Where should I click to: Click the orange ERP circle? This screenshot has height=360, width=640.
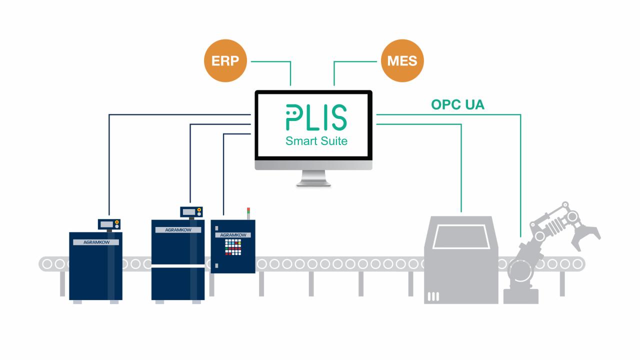[225, 61]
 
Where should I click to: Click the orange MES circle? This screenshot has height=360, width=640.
[402, 61]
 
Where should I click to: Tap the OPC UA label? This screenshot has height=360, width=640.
[457, 105]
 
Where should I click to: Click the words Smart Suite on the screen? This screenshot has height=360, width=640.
[316, 141]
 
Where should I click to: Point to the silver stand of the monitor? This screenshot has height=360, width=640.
[313, 178]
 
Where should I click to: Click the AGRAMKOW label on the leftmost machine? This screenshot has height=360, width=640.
[95, 242]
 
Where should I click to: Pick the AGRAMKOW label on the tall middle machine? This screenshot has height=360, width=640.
[178, 230]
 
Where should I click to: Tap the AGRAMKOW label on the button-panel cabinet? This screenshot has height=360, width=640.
[232, 234]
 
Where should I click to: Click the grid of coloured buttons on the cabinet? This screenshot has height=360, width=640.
[233, 247]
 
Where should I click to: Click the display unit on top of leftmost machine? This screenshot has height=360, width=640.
[108, 224]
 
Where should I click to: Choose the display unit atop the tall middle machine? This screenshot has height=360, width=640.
[191, 212]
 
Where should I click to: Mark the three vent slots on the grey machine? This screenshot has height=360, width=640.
[433, 296]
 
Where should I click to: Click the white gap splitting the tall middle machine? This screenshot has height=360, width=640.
[178, 266]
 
